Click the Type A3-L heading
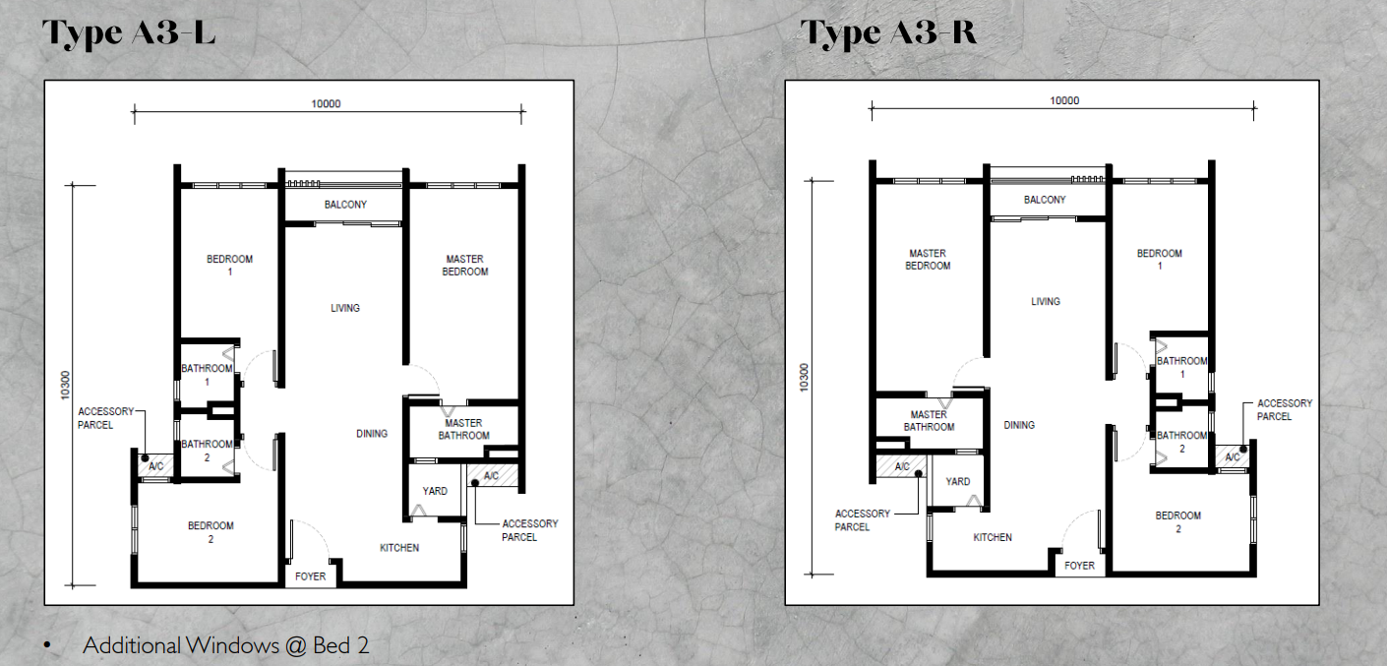point(129,33)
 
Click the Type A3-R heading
point(890,33)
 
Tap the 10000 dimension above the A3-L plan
point(326,104)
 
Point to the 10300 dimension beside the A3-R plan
point(805,379)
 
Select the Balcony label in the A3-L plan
point(345,205)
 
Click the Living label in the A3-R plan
point(1046,302)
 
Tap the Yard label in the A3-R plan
point(957,482)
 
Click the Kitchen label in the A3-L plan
point(399,548)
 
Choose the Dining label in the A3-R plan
point(1019,426)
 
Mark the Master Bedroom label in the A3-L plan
point(464,266)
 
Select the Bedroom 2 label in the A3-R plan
point(1177,522)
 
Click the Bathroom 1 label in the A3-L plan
point(207,375)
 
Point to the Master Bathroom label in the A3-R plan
point(929,421)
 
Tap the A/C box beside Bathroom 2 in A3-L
point(154,466)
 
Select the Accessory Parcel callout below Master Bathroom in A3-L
point(529,530)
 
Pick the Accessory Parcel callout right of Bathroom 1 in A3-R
point(1284,410)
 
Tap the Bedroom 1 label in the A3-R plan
point(1159,260)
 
